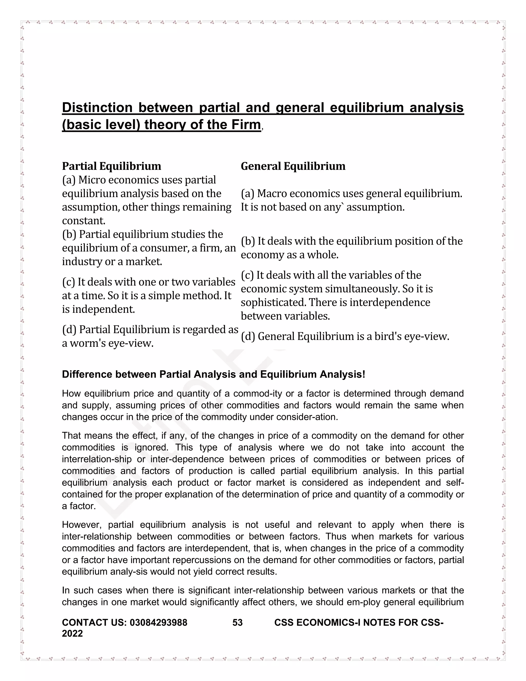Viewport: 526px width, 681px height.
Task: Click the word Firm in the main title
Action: (x=246, y=124)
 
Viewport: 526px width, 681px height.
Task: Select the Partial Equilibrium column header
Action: (x=111, y=166)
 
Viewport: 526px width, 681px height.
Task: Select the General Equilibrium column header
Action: (x=293, y=166)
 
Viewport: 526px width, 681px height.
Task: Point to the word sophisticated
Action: (x=273, y=302)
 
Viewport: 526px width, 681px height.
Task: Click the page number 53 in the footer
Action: (x=238, y=622)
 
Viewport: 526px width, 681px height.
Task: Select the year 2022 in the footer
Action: (x=72, y=633)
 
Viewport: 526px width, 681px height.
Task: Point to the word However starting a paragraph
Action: (x=82, y=525)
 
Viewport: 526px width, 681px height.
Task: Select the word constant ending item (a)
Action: (x=83, y=220)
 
